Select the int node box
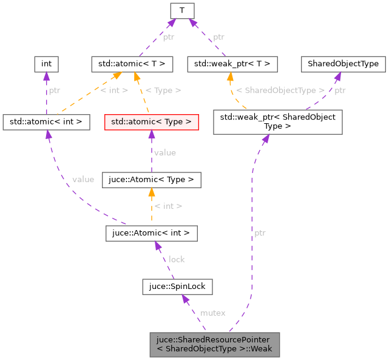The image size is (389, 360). pyautogui.click(x=46, y=63)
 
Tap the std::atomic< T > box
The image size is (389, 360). pyautogui.click(x=132, y=63)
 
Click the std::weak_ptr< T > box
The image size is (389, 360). pyautogui.click(x=232, y=63)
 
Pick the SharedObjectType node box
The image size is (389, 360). pyautogui.click(x=343, y=63)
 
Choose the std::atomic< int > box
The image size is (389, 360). pyautogui.click(x=46, y=121)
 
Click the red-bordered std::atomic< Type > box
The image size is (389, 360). pyautogui.click(x=151, y=121)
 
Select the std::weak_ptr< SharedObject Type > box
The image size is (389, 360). pyautogui.click(x=277, y=121)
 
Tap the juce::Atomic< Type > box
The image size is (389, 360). pyautogui.click(x=151, y=180)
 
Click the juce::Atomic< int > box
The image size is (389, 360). pyautogui.click(x=151, y=232)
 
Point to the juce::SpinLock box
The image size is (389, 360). pyautogui.click(x=177, y=285)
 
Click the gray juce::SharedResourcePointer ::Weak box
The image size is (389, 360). pyautogui.click(x=215, y=344)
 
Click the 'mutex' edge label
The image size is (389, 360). pyautogui.click(x=212, y=313)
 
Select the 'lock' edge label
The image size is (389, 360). pyautogui.click(x=177, y=259)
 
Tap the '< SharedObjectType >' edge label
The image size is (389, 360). pyautogui.click(x=280, y=90)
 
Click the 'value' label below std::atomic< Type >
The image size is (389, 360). pyautogui.click(x=164, y=152)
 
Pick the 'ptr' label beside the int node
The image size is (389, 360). pyautogui.click(x=55, y=90)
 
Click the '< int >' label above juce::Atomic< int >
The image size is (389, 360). pyautogui.click(x=168, y=206)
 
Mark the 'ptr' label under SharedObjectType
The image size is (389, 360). pyautogui.click(x=340, y=90)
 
